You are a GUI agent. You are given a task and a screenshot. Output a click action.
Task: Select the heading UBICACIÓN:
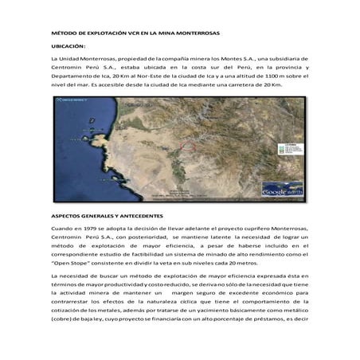pos(68,47)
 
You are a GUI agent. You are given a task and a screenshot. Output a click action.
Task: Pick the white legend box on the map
pos(288,149)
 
